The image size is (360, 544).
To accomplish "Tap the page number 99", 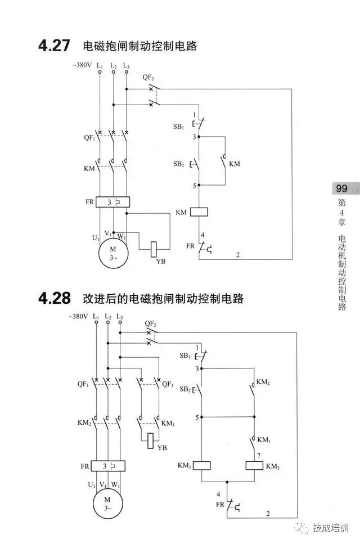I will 341,188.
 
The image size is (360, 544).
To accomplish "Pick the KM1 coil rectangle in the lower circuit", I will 201,465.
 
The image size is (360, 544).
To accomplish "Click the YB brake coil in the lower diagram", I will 150,440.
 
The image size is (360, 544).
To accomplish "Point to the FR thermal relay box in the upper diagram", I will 112,201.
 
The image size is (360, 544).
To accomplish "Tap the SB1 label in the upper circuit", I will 179,127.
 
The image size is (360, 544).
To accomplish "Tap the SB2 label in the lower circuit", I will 185,389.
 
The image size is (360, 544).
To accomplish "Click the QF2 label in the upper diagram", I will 148,77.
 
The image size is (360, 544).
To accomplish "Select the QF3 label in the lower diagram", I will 168,385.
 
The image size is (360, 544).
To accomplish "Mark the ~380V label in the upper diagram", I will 82,65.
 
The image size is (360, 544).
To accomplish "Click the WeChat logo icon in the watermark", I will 303,528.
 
